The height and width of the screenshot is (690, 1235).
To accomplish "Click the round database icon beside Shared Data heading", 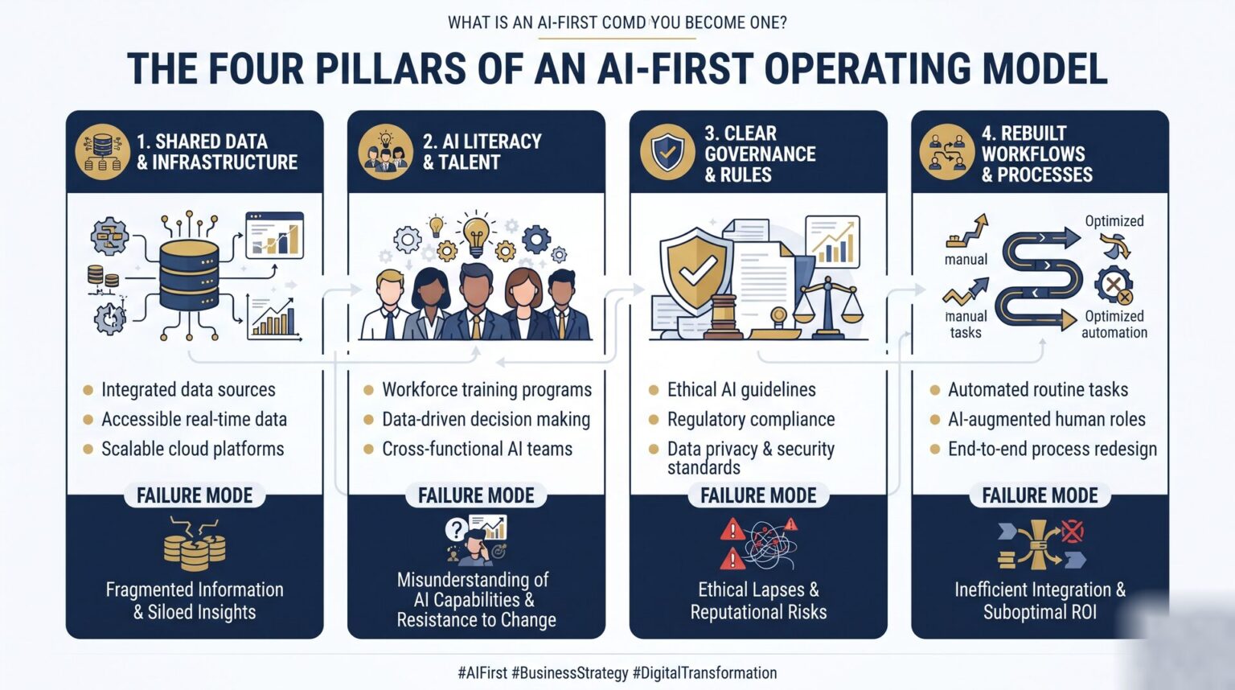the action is click(x=103, y=152).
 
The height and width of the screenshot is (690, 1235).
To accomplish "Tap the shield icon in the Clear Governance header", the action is click(x=667, y=152).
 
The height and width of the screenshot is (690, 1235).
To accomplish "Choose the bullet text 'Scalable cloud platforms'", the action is click(x=192, y=449).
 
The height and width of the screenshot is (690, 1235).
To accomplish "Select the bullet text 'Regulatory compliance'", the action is click(x=751, y=419).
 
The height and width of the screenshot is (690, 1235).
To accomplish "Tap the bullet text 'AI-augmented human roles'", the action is click(x=1046, y=419).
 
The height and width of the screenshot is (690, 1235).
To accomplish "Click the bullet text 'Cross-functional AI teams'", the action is click(x=477, y=449).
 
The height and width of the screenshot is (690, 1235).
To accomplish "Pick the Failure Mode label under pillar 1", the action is click(x=195, y=495).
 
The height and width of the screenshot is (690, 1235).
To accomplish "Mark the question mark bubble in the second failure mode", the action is click(x=456, y=530).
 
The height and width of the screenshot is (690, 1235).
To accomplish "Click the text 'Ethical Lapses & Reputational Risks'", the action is click(x=758, y=601).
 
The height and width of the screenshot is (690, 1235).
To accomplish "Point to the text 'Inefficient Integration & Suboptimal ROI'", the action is click(x=1040, y=601).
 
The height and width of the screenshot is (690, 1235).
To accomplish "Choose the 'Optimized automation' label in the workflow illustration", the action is click(x=1114, y=324).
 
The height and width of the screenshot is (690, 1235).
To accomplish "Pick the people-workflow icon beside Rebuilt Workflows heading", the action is click(x=946, y=152).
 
